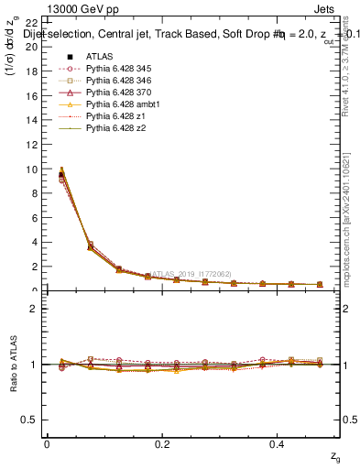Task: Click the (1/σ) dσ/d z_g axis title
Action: click(x=13, y=55)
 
